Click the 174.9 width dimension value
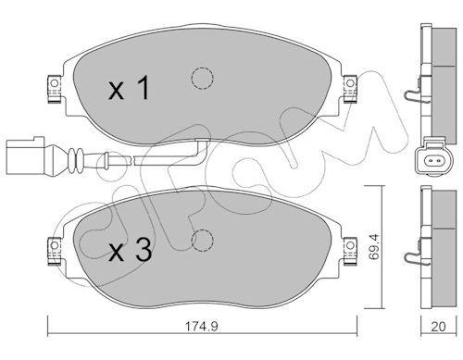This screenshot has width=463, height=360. (201, 326)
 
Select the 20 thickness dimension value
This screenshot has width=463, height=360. (438, 327)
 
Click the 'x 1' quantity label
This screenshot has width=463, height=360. (129, 88)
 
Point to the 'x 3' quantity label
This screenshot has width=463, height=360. (130, 251)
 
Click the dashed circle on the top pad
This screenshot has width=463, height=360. (202, 78)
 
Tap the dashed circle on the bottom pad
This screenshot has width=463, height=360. (202, 241)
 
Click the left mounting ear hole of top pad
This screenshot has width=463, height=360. (55, 83)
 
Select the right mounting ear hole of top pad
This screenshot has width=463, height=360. (350, 83)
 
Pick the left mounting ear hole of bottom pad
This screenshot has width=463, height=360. (55, 245)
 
